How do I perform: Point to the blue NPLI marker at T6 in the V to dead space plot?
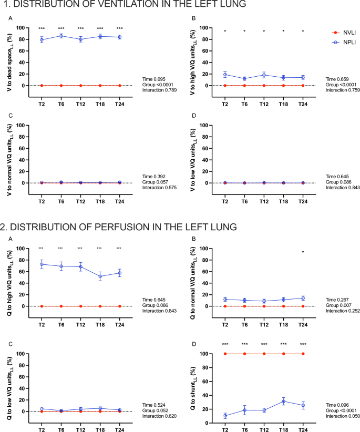[x=61, y=36]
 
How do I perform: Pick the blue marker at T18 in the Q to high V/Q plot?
[x=100, y=276]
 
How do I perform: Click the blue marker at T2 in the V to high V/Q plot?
[x=225, y=75]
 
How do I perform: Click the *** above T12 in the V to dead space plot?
[x=81, y=29]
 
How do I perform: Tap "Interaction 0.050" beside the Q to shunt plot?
[x=343, y=416]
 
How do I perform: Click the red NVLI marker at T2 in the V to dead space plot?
[x=42, y=85]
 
